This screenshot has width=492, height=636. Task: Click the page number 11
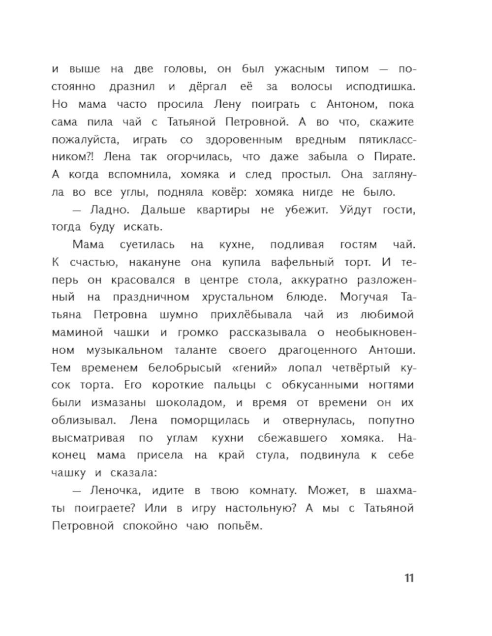[409, 577]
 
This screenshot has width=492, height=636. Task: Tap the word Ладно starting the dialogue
[111, 210]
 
